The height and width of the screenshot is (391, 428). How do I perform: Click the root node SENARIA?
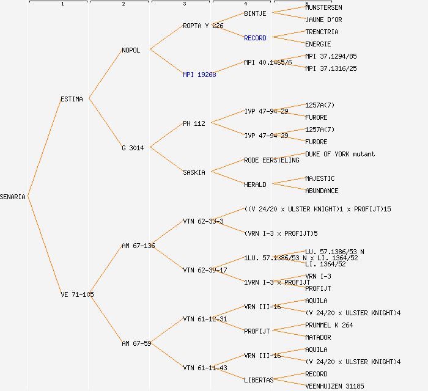pos(13,197)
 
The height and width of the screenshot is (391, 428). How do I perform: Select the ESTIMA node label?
pos(72,99)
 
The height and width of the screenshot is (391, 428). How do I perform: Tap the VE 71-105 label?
pos(77,294)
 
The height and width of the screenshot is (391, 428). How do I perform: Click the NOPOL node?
pos(131,50)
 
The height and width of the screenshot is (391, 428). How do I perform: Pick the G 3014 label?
pos(133,148)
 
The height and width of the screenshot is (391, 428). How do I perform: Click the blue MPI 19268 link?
pos(199,75)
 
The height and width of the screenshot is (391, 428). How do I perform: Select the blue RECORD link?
pos(255,38)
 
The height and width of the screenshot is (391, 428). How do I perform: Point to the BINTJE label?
pos(255,13)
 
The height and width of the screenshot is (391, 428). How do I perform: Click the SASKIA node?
pos(194,172)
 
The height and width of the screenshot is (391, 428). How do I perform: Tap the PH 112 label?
pos(194,123)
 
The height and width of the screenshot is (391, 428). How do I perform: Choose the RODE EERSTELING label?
pos(271,160)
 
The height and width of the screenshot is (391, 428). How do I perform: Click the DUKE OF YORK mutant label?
pos(340,154)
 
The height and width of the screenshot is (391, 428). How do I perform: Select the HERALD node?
pos(255,185)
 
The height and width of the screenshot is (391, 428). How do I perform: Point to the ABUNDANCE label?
pos(322,191)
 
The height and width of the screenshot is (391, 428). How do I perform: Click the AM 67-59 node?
pos(136,343)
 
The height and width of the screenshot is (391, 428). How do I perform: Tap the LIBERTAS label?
pos(259,380)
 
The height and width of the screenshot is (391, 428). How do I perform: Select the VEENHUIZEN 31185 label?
pos(334,386)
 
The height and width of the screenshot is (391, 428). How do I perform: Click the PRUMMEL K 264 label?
pos(329,325)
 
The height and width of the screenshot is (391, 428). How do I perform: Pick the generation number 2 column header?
pos(123,4)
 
